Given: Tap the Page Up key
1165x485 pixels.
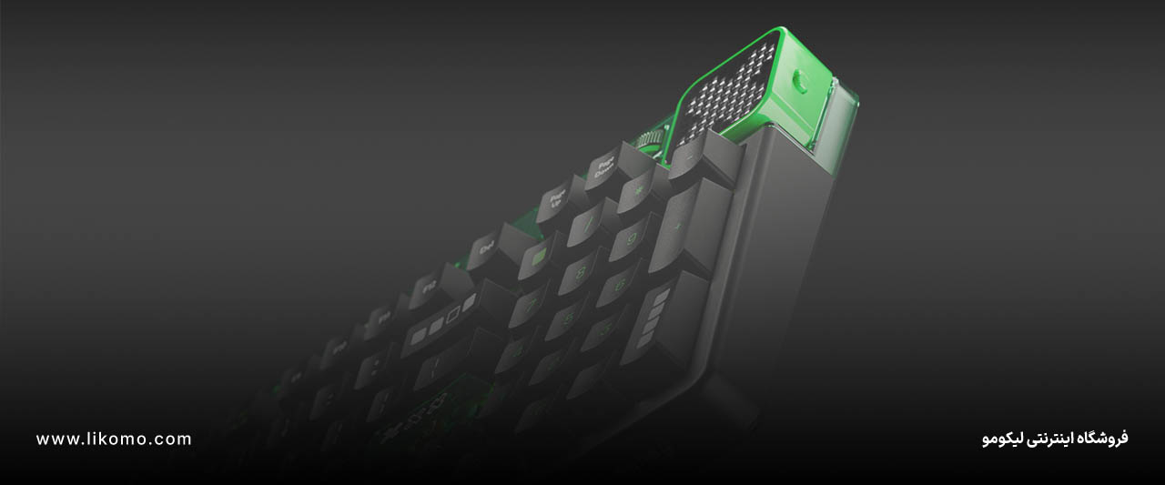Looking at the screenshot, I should coord(553,203).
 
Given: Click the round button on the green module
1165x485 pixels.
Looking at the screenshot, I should coord(800,79).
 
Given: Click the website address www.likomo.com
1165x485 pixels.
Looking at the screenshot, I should coord(114,440).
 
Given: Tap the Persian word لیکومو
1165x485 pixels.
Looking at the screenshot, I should coord(1001,440).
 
